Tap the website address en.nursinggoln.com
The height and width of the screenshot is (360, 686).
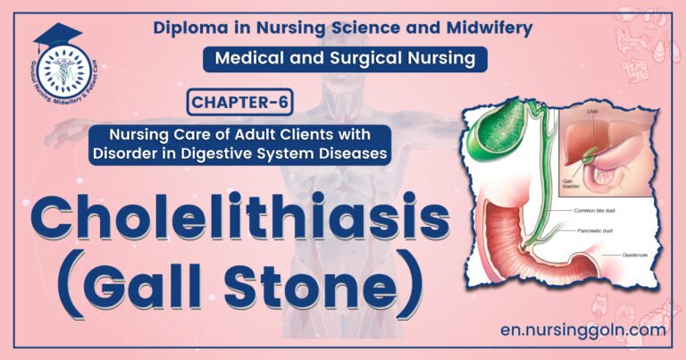[581, 330]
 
